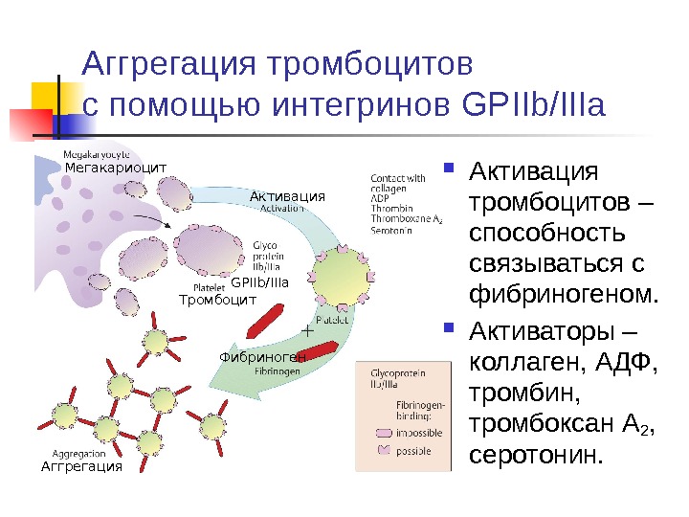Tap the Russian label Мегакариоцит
(x=115, y=168)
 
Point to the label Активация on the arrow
(x=287, y=196)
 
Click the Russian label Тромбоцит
(x=218, y=300)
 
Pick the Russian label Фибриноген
(x=261, y=357)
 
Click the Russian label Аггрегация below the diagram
(x=81, y=466)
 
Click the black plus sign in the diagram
(x=307, y=329)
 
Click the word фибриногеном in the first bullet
(x=563, y=290)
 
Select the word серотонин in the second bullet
(x=535, y=454)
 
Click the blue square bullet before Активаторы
(x=452, y=332)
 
